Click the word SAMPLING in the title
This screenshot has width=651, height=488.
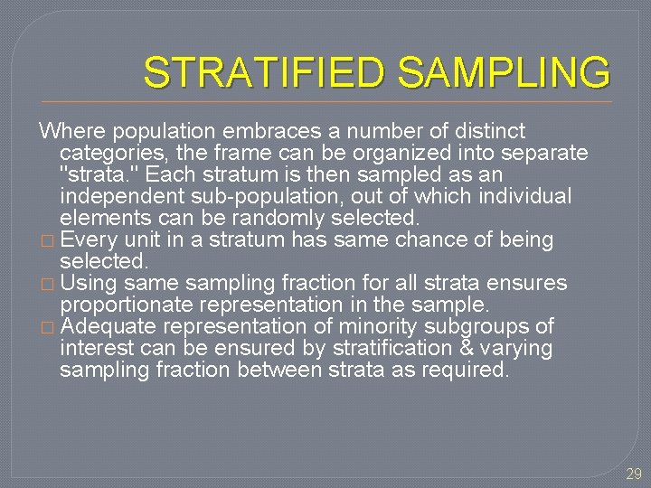(x=503, y=73)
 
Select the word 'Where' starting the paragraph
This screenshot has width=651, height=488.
(x=71, y=132)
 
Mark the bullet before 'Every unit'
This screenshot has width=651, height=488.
(x=48, y=240)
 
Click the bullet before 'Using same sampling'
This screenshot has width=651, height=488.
(x=48, y=284)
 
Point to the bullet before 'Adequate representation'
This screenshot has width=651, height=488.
(x=48, y=327)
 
